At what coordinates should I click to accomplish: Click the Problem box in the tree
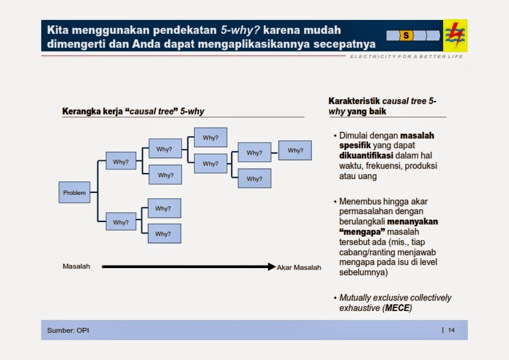point(74,192)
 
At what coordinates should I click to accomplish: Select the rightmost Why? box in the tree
point(295,151)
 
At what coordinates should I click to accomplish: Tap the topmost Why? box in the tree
point(210,137)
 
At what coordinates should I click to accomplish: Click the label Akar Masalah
point(299,267)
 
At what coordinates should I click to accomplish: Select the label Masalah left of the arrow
point(76,266)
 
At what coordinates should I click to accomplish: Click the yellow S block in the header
point(406,36)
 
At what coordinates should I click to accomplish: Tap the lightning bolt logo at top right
point(455,35)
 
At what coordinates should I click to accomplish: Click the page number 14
point(451,330)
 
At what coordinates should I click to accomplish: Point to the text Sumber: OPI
point(68,330)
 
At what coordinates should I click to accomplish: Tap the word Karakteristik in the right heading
point(352,101)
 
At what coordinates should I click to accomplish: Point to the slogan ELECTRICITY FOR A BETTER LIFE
point(406,57)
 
